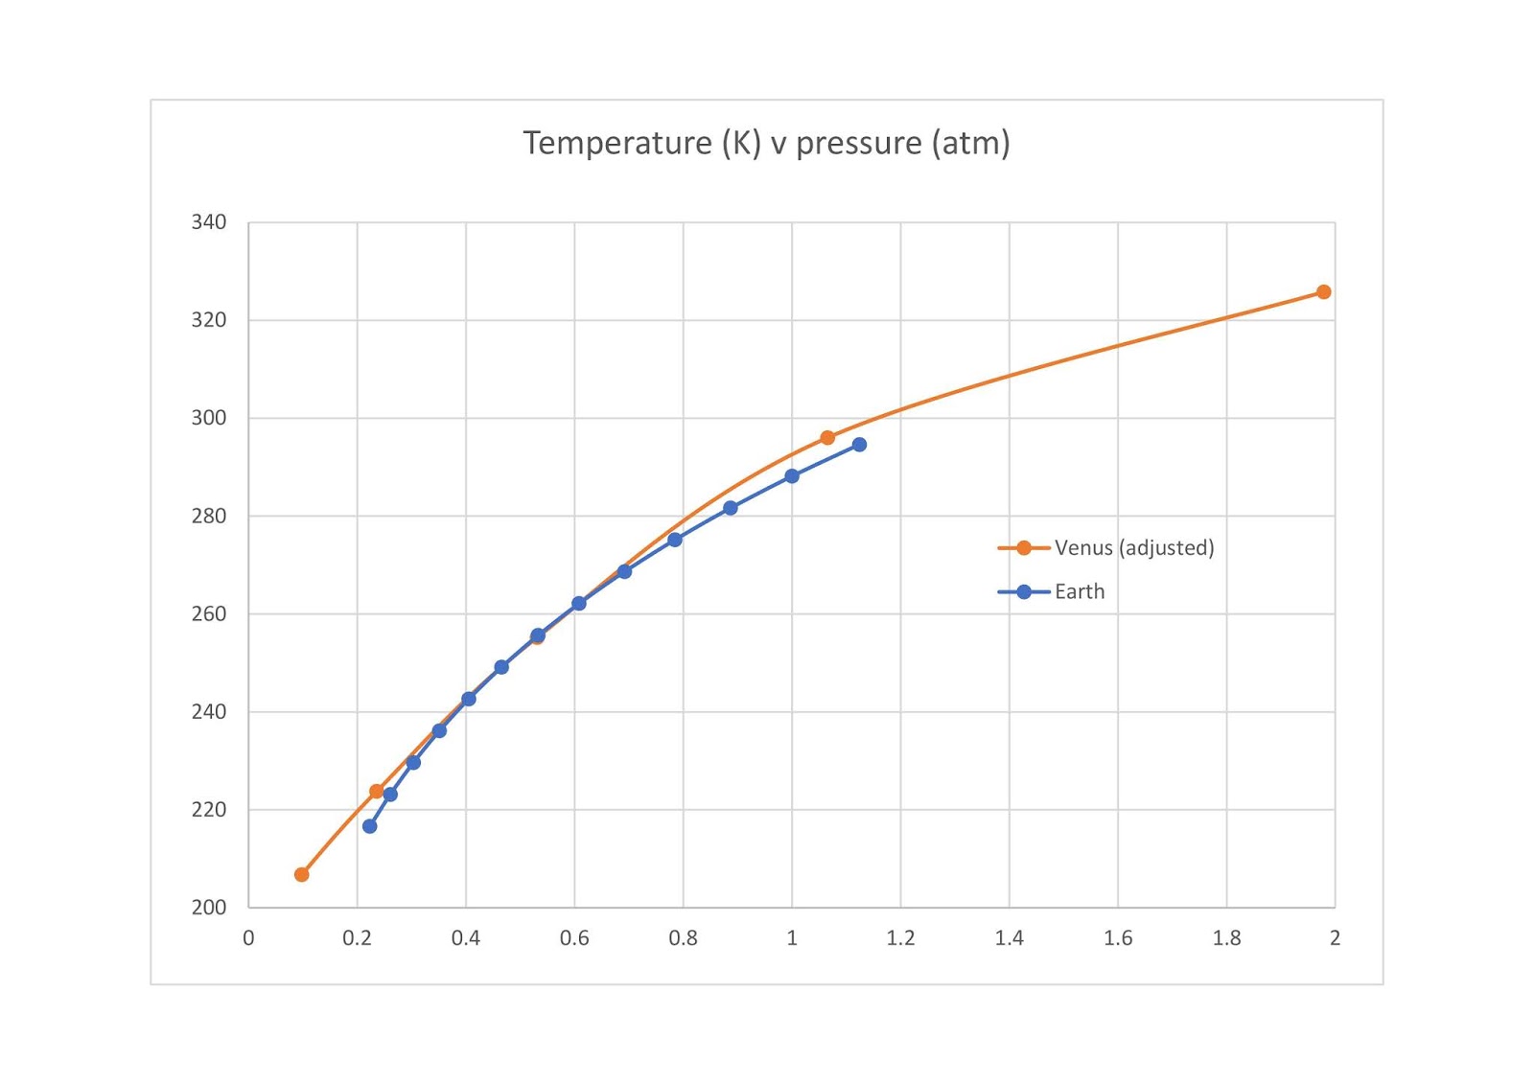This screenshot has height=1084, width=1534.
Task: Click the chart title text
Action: click(766, 143)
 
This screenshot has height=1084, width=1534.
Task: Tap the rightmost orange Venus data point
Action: click(1323, 292)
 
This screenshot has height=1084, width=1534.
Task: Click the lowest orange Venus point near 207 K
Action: click(302, 874)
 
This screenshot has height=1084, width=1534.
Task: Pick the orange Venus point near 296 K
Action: click(827, 438)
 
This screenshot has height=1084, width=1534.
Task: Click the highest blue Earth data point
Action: click(859, 445)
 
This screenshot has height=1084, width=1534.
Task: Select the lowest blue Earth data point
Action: click(370, 826)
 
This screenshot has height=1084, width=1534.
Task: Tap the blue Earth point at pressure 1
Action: click(792, 476)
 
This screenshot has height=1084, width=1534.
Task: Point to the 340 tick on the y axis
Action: click(209, 222)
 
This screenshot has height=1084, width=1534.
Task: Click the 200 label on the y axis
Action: click(209, 908)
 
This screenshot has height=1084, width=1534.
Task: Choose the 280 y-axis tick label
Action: click(209, 516)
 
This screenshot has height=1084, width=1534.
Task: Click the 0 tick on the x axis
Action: click(248, 938)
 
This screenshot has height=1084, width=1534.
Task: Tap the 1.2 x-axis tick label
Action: click(900, 938)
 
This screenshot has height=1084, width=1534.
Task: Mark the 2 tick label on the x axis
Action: click(1335, 938)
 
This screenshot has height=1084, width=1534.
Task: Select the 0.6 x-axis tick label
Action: click(574, 938)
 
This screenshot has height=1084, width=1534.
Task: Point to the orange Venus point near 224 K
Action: click(377, 792)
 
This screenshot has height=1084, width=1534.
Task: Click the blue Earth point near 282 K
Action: click(731, 508)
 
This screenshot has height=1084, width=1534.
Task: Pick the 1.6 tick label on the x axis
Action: click(1118, 938)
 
